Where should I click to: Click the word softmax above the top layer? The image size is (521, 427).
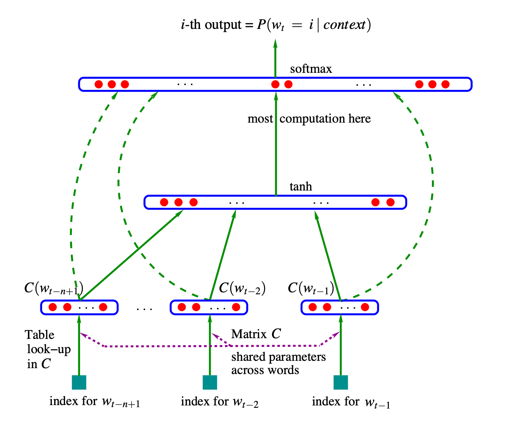(x=311, y=69)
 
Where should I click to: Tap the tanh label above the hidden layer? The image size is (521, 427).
(x=301, y=187)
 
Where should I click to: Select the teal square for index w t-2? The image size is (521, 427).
(x=210, y=382)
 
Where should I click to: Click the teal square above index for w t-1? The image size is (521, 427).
(x=340, y=382)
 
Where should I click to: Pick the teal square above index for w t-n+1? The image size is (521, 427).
(x=79, y=382)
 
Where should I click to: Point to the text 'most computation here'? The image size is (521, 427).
(x=309, y=119)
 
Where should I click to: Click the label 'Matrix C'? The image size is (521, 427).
(x=256, y=334)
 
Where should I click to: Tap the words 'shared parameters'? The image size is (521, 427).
(x=279, y=357)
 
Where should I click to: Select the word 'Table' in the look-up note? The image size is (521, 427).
(x=40, y=335)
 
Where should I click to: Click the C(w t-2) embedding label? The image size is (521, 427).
(x=242, y=288)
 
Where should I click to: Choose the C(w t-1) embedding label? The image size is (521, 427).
(x=311, y=288)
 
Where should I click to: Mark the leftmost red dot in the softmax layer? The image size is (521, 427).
(x=99, y=84)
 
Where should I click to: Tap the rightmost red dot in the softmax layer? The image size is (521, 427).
(x=445, y=84)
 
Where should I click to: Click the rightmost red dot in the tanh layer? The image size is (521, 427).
(x=391, y=202)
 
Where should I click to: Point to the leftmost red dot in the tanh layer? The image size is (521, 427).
(x=164, y=202)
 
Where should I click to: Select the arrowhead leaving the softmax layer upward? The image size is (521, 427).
(x=275, y=44)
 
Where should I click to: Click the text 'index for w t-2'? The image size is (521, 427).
(x=219, y=402)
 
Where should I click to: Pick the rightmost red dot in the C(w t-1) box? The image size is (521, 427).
(x=365, y=307)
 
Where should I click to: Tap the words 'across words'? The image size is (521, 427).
(x=265, y=370)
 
